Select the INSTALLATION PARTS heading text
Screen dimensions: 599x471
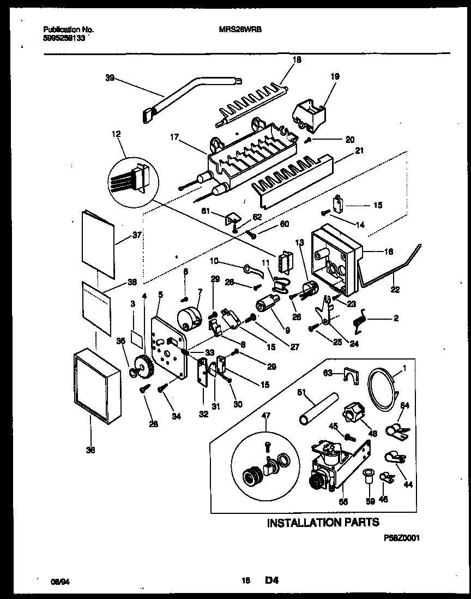pyautogui.click(x=323, y=523)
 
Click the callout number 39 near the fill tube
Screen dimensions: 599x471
pyautogui.click(x=109, y=78)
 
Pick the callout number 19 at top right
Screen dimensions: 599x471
pyautogui.click(x=335, y=77)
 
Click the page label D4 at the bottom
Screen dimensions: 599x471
pyautogui.click(x=272, y=581)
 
